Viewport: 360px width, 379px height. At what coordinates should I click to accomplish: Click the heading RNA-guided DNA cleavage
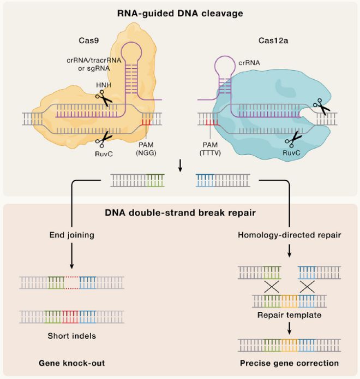[180, 11]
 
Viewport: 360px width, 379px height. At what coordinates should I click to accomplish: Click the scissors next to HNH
[103, 99]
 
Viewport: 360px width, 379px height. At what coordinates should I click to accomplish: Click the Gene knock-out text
[71, 363]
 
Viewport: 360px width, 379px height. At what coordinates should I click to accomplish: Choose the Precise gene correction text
[289, 363]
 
